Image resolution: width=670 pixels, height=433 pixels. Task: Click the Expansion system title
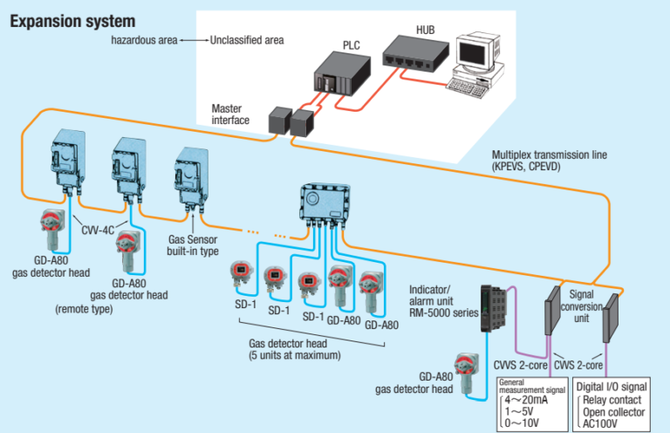pos(72,20)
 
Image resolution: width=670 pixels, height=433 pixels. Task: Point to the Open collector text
pos(614,412)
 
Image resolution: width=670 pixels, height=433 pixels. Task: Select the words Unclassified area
pos(246,40)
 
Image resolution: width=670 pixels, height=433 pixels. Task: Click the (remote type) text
pos(84,309)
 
